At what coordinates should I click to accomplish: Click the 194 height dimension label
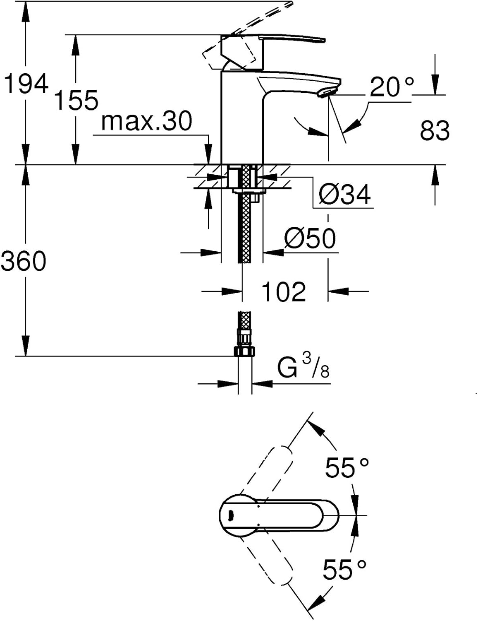(x=26, y=85)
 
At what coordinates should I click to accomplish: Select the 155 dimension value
(x=76, y=101)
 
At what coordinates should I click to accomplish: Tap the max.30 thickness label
(x=147, y=121)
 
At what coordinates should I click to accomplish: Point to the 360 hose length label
(x=24, y=261)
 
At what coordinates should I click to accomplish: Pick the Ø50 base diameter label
(x=310, y=238)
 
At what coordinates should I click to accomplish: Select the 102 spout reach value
(x=284, y=292)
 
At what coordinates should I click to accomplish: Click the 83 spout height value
(x=434, y=130)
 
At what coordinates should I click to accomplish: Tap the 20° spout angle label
(x=391, y=87)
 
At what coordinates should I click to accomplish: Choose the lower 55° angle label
(x=344, y=569)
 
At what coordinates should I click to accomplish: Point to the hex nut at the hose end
(x=244, y=351)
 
